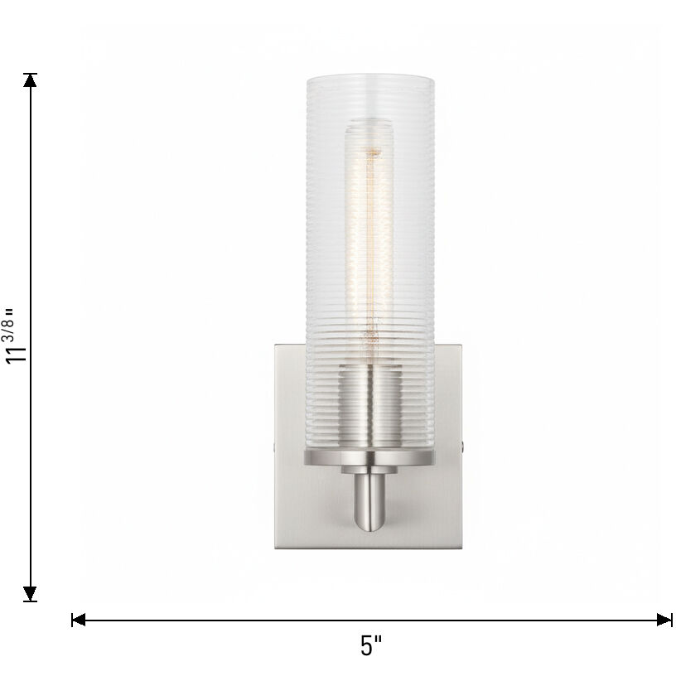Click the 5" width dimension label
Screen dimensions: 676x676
click(371, 646)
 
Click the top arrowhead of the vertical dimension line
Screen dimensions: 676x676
click(31, 80)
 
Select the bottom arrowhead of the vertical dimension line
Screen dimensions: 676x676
click(31, 593)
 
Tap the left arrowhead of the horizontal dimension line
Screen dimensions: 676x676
click(80, 619)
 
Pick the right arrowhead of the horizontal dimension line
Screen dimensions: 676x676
click(664, 619)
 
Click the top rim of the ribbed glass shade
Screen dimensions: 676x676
click(369, 78)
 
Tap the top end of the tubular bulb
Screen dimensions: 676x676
click(369, 124)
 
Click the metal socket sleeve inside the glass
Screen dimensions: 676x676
click(369, 406)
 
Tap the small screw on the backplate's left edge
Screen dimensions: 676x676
click(275, 447)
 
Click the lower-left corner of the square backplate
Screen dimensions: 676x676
click(277, 547)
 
